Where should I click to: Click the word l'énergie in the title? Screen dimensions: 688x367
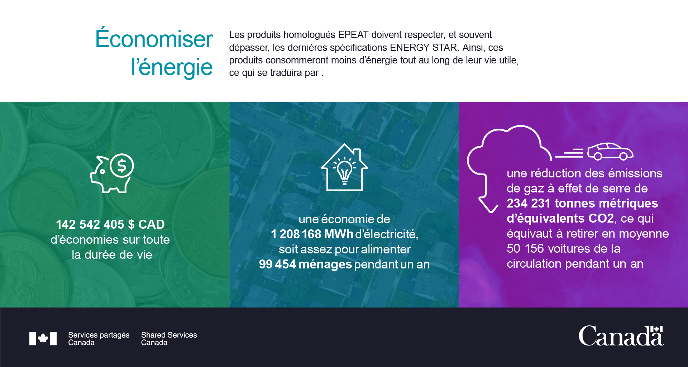point(172,67)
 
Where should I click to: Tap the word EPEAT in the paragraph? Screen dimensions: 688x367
point(353,35)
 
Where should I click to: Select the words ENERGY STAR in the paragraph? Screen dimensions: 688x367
point(424,48)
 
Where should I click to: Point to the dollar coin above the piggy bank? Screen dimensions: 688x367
point(122,166)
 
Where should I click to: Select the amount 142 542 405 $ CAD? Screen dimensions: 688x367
point(110,224)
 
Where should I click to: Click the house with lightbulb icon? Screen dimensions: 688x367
point(344,167)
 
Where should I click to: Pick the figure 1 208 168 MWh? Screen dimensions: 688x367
point(312,234)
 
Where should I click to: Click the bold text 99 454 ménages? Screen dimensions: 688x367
point(305,264)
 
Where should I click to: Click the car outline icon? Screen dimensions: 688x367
point(610,151)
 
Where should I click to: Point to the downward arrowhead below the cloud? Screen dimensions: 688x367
point(488,206)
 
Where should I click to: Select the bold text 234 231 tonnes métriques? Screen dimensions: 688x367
point(582,203)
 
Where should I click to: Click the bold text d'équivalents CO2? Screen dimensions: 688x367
point(560,218)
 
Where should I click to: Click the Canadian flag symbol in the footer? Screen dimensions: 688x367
point(43,338)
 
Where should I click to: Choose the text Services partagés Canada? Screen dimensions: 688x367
point(99,339)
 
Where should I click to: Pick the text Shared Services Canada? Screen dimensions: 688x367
point(169,339)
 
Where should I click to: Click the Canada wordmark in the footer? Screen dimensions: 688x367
point(621,336)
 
